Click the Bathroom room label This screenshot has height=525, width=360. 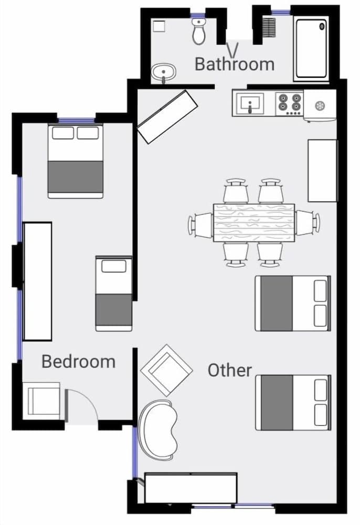tap(234, 64)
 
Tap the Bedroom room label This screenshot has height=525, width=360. tap(78, 362)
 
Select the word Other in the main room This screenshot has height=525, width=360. tap(230, 370)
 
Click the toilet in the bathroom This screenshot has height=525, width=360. tap(199, 31)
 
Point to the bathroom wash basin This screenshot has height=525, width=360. tap(164, 72)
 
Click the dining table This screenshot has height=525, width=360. tap(253, 223)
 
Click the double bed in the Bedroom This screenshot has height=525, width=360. tap(75, 161)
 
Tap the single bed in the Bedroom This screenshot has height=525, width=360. tap(113, 293)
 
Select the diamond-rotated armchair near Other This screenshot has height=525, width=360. tap(167, 370)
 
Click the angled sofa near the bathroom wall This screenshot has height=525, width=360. tap(167, 116)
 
